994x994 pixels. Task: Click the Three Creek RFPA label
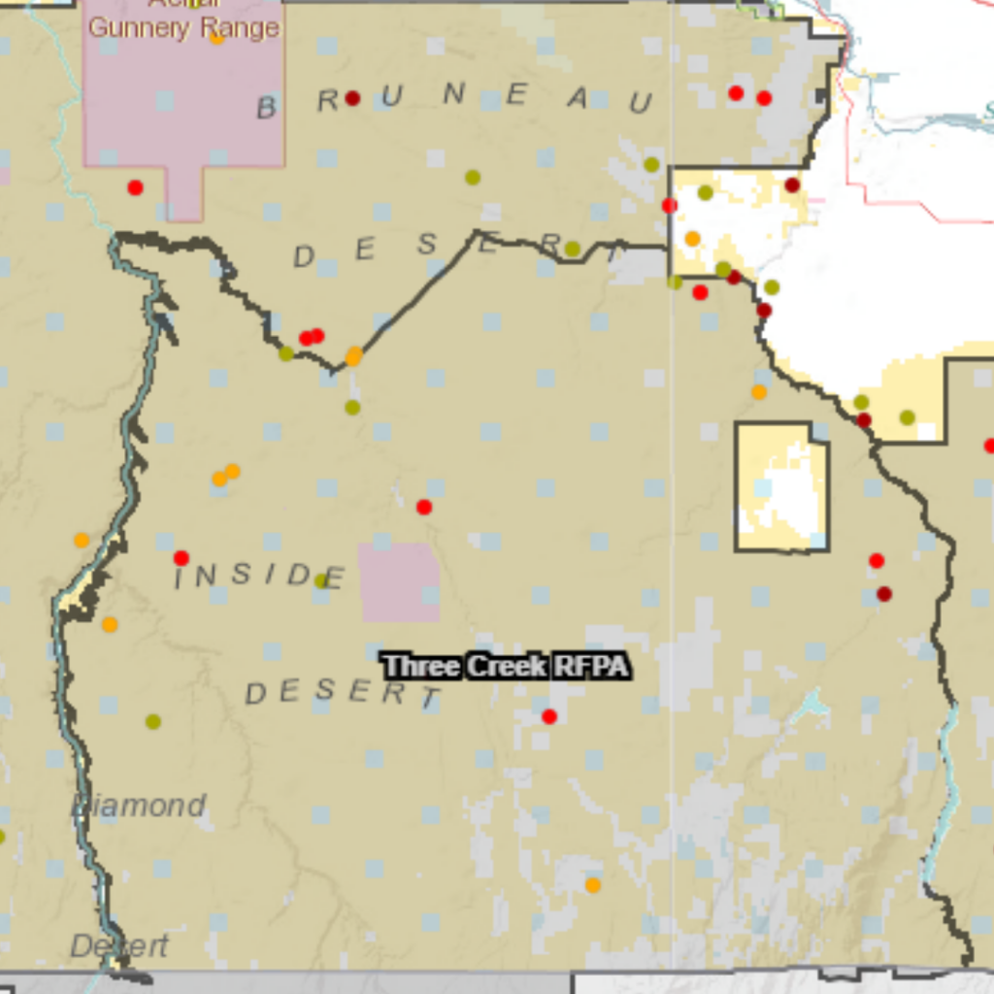point(505,667)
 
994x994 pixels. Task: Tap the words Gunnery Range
point(184,27)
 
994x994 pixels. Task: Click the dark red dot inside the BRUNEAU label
point(352,98)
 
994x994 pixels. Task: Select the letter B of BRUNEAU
point(267,108)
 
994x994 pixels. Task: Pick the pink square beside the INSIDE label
point(399,582)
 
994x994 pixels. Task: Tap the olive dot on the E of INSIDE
point(321,580)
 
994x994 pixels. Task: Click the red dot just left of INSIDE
point(181,558)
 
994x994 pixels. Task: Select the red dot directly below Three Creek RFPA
point(549,716)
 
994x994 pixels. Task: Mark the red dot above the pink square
point(424,507)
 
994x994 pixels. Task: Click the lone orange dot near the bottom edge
point(593,884)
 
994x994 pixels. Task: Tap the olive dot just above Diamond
point(152,721)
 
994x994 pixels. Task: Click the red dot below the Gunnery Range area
point(135,187)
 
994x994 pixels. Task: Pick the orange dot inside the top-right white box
point(692,238)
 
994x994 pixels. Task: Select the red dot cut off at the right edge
point(989,446)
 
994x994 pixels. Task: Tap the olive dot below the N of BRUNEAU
point(473,177)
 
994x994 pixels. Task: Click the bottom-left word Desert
point(119,945)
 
